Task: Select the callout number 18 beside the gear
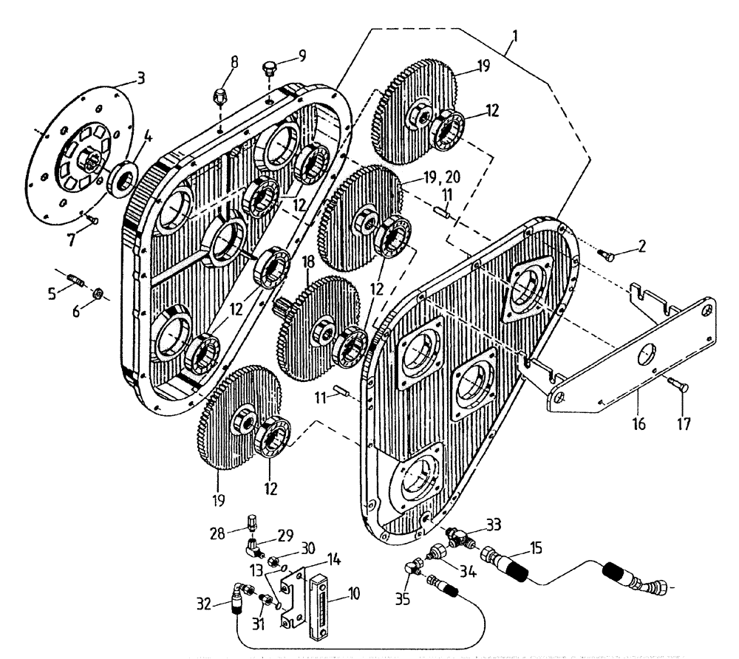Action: click(308, 262)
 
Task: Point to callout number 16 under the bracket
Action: click(638, 424)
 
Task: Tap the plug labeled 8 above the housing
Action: click(219, 96)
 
